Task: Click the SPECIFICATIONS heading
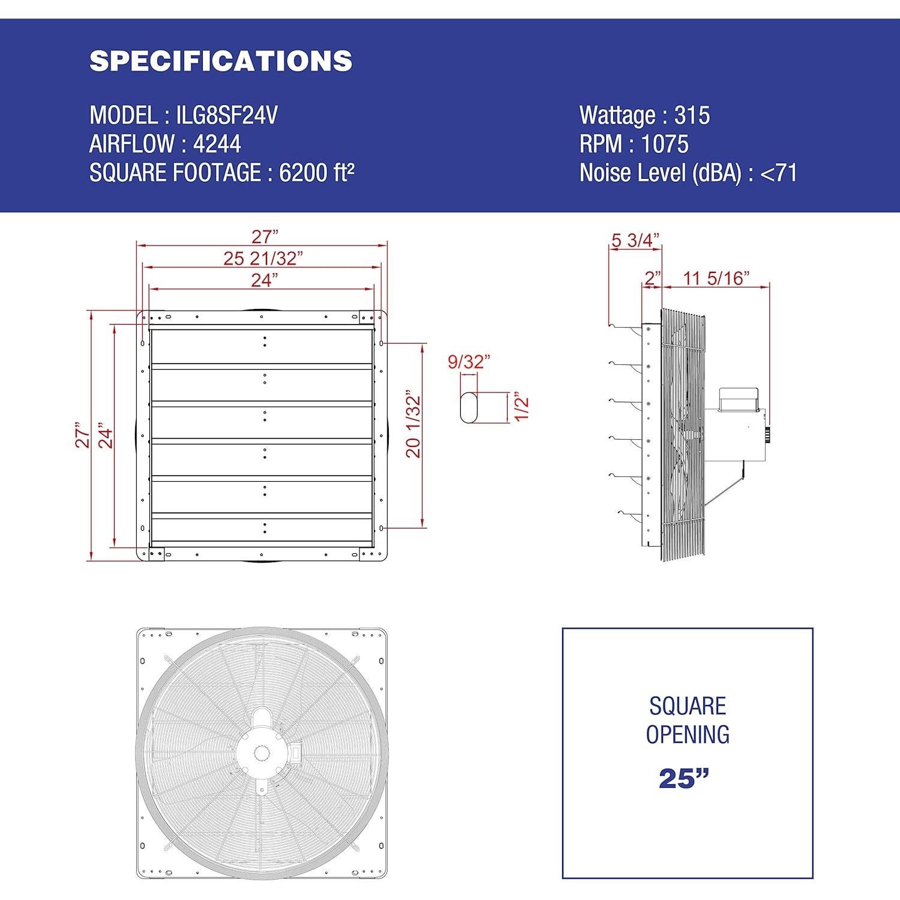pyautogui.click(x=220, y=61)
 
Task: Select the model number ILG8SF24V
pyautogui.click(x=227, y=115)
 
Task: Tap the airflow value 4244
pyautogui.click(x=217, y=144)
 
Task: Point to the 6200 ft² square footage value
pyautogui.click(x=317, y=173)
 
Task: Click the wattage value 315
pyautogui.click(x=692, y=115)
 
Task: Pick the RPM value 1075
pyautogui.click(x=665, y=144)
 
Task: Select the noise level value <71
pyautogui.click(x=778, y=173)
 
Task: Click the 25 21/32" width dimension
pyautogui.click(x=263, y=258)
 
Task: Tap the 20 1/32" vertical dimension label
pyautogui.click(x=414, y=427)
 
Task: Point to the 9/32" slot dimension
pyautogui.click(x=469, y=362)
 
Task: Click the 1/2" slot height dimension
pyautogui.click(x=521, y=407)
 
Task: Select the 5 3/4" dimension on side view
pyautogui.click(x=635, y=240)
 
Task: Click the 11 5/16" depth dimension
pyautogui.click(x=716, y=278)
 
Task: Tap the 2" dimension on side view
pyautogui.click(x=653, y=278)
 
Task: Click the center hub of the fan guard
pyautogui.click(x=262, y=750)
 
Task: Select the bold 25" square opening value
pyautogui.click(x=683, y=778)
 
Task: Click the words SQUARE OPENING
pyautogui.click(x=688, y=720)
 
